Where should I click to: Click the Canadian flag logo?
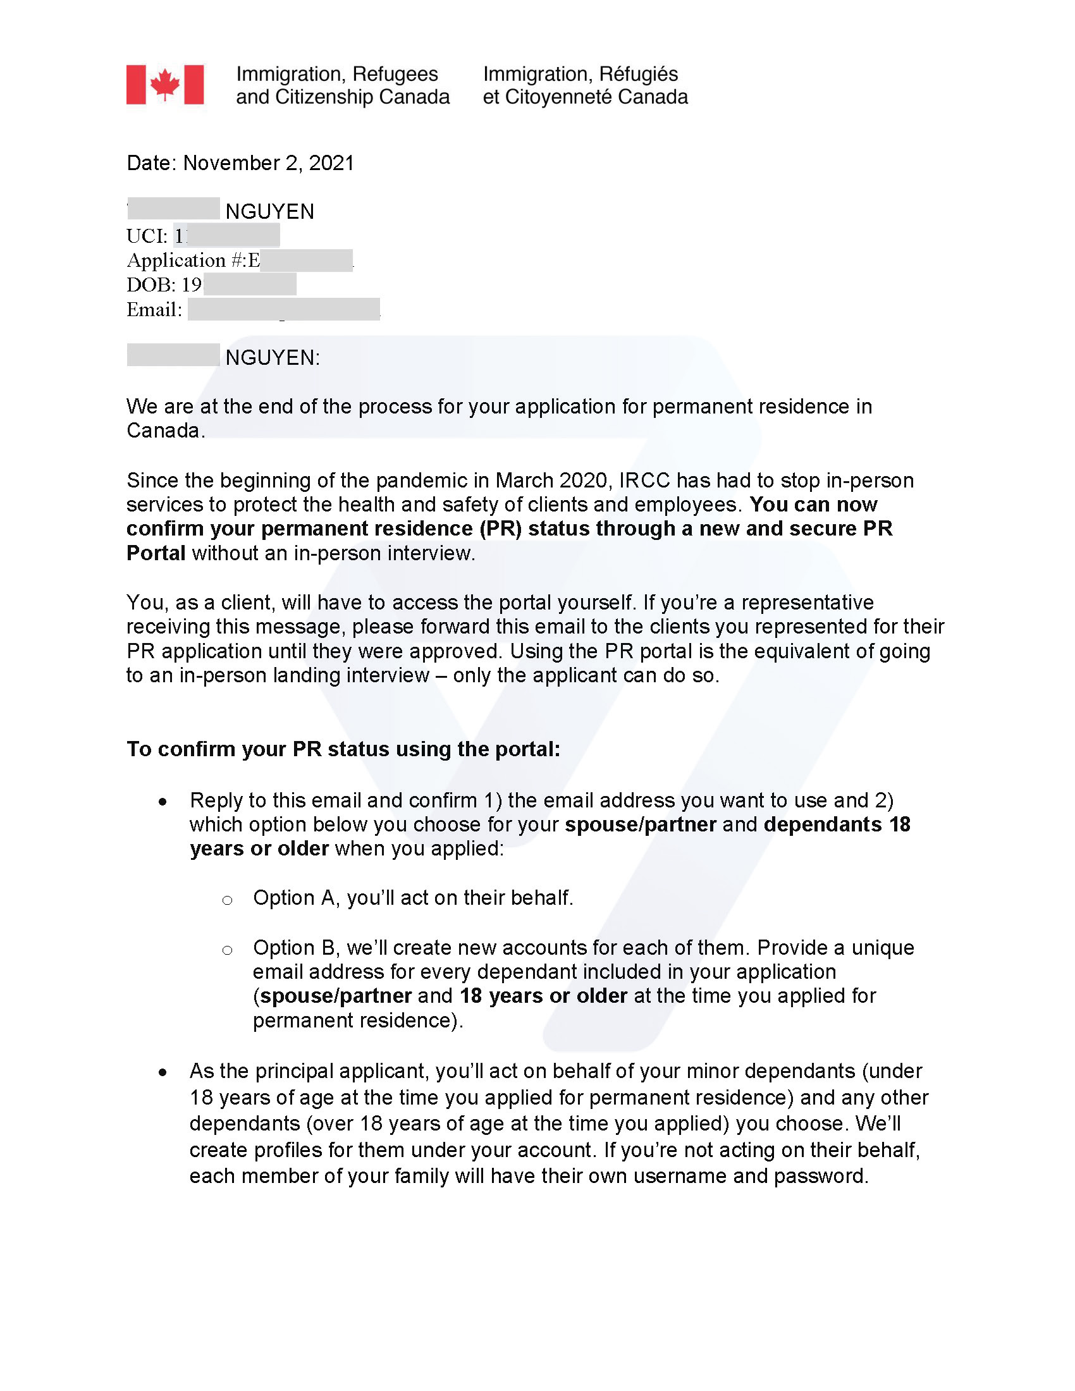(x=165, y=85)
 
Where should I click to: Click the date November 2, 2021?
(x=268, y=163)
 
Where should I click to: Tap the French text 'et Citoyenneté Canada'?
(x=585, y=97)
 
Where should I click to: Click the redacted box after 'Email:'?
(x=284, y=310)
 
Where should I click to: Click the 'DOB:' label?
(x=151, y=285)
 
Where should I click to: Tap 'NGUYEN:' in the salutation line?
(x=273, y=358)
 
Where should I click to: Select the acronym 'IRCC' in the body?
(x=644, y=481)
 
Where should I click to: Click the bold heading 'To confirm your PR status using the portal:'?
(x=343, y=749)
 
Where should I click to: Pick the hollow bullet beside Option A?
(x=228, y=900)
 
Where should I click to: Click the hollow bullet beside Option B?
(x=228, y=950)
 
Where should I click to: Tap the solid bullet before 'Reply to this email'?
(x=164, y=802)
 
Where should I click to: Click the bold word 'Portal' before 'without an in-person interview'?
(x=156, y=553)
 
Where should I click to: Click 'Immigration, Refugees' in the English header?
(x=337, y=75)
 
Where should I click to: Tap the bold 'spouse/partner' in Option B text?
(x=336, y=996)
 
